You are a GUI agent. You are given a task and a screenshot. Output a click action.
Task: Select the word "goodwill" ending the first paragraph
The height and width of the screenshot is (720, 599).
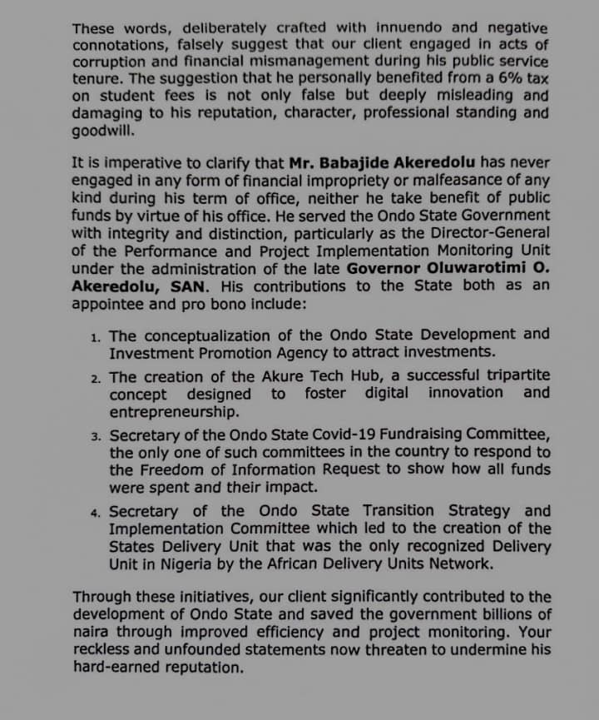pos(104,132)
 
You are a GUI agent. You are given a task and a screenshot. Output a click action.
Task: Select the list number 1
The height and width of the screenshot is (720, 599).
pos(96,337)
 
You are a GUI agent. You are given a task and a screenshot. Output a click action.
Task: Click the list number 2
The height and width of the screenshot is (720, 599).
pos(96,378)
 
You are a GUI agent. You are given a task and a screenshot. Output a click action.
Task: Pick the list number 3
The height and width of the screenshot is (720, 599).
pos(96,436)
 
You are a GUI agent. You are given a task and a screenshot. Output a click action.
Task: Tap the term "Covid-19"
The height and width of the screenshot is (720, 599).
pos(336,434)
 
